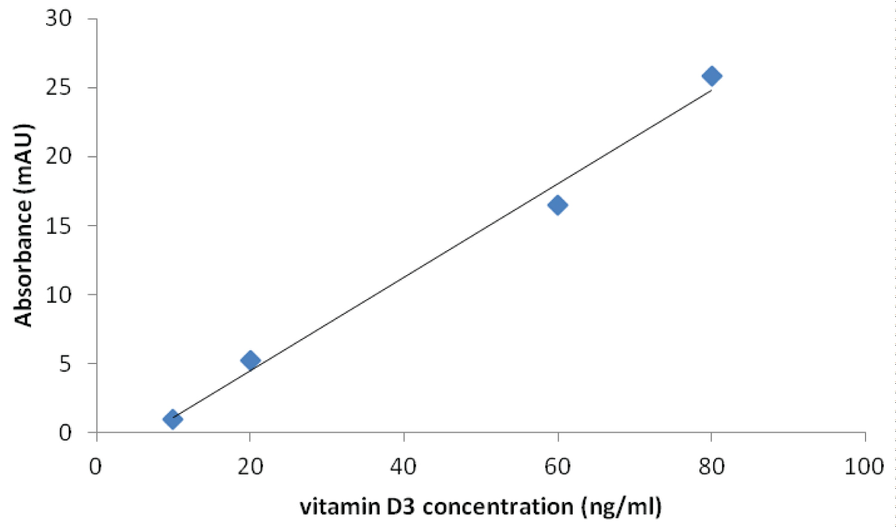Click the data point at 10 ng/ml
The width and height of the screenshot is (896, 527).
coord(173,419)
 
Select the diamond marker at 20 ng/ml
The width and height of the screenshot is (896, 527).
coord(250,360)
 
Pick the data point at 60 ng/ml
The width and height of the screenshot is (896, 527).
coord(557,205)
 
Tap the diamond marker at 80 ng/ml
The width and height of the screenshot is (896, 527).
coord(711,76)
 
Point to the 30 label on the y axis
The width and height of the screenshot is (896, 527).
coord(58,19)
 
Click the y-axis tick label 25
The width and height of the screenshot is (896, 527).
coord(58,88)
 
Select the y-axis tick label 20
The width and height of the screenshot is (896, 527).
coord(58,156)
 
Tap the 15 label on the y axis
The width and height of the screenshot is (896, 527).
coord(58,226)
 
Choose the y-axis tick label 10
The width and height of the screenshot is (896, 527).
coord(58,294)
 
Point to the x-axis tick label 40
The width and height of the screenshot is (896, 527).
coord(404,467)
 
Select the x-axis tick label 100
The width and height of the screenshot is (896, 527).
coord(864,467)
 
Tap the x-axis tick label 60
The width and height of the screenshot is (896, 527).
coord(557,467)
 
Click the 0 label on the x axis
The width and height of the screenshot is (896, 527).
coord(96,467)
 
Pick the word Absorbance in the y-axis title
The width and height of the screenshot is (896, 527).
coord(24,262)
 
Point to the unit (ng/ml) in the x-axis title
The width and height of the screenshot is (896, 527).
coord(621,507)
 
